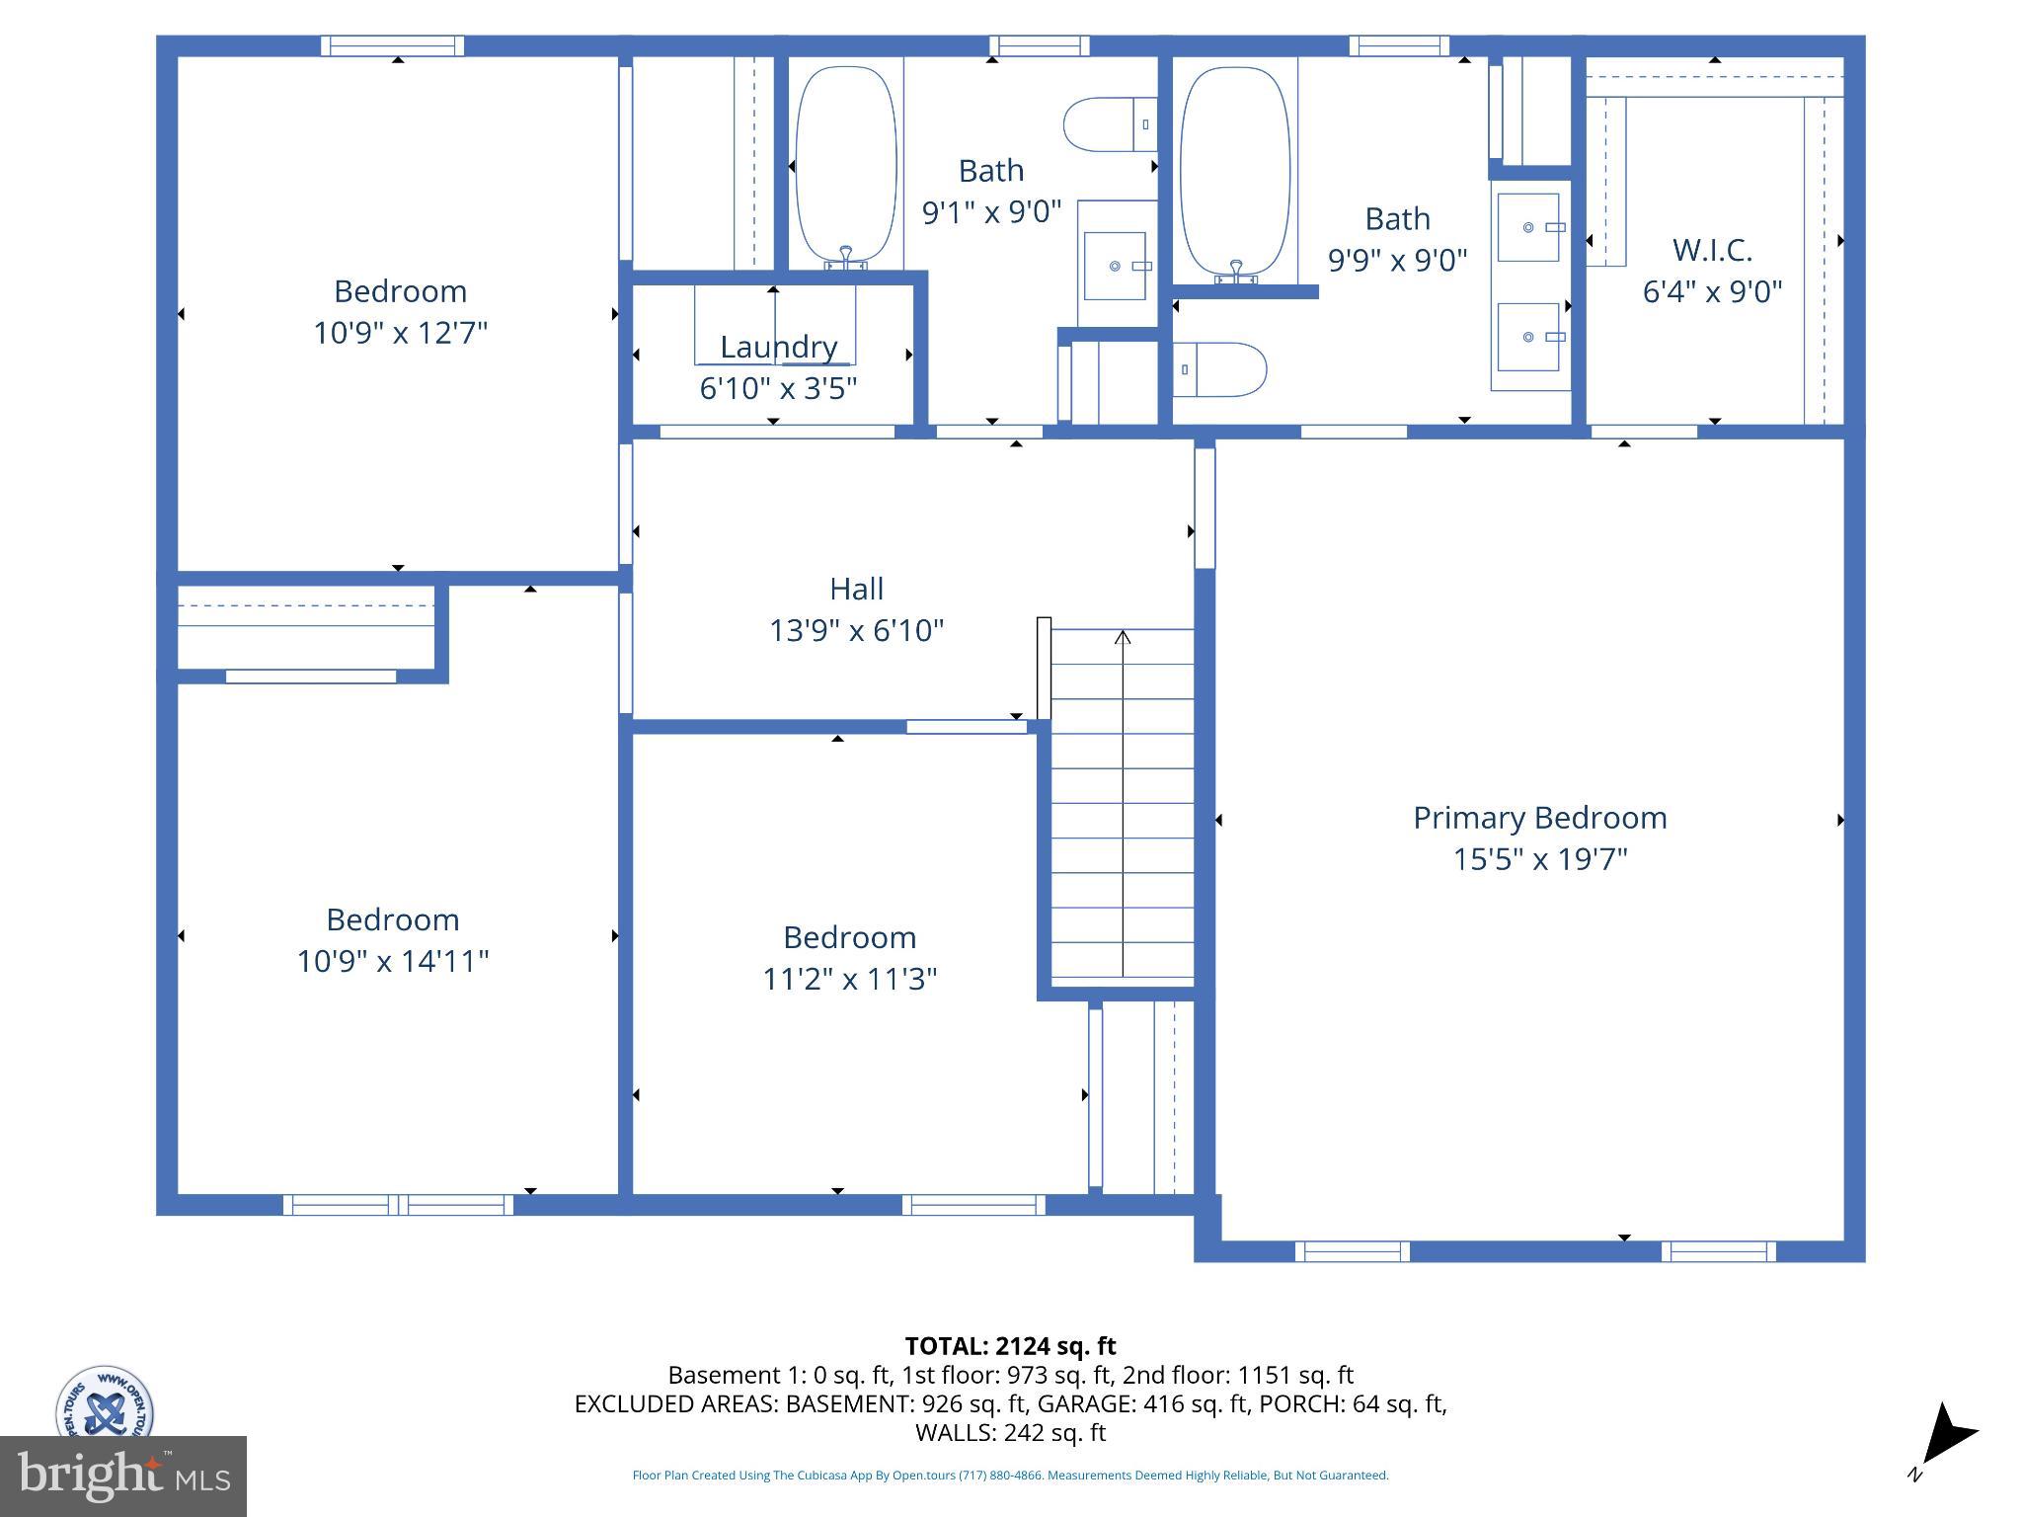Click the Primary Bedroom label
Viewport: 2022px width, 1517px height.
(1539, 818)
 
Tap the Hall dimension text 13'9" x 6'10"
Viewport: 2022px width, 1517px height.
(856, 630)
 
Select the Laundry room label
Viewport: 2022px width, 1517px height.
(778, 347)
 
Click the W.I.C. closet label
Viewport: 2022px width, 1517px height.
(1712, 250)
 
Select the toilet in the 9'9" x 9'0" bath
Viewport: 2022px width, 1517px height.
(1222, 370)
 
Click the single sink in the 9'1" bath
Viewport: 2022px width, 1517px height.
(1116, 266)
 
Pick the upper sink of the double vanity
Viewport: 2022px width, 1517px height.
(1528, 227)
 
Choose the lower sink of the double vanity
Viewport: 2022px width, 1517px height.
(1528, 337)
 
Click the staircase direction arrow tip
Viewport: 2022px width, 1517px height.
(1123, 635)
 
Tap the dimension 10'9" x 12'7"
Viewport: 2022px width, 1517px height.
(400, 333)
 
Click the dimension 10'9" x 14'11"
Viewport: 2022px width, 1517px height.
(393, 961)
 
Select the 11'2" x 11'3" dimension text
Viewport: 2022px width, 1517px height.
(849, 979)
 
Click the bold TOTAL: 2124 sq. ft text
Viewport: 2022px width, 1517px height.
(1010, 1346)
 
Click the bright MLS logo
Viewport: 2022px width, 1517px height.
(123, 1476)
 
